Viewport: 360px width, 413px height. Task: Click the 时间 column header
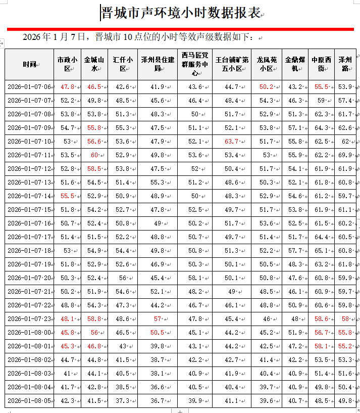pyautogui.click(x=29, y=64)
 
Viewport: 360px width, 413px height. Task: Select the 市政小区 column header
pyautogui.click(x=67, y=64)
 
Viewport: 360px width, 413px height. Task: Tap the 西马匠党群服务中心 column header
pyautogui.click(x=194, y=64)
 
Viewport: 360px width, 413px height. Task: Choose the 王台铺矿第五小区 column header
pyautogui.click(x=232, y=64)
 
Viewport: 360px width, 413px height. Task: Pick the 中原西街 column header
pyautogui.click(x=321, y=64)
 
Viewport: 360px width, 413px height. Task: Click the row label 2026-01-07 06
pyautogui.click(x=29, y=87)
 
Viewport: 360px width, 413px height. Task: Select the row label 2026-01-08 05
pyautogui.click(x=29, y=401)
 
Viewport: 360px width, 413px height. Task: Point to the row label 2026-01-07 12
pyautogui.click(x=29, y=169)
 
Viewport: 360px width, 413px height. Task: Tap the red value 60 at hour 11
pyautogui.click(x=94, y=155)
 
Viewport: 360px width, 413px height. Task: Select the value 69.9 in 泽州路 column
pyautogui.click(x=345, y=155)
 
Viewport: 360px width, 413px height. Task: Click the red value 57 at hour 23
pyautogui.click(x=158, y=319)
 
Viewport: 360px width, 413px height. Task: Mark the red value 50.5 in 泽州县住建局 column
pyautogui.click(x=157, y=333)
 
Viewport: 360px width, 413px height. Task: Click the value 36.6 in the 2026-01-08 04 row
pyautogui.click(x=157, y=387)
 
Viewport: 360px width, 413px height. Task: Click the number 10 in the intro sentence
pyautogui.click(x=128, y=37)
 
